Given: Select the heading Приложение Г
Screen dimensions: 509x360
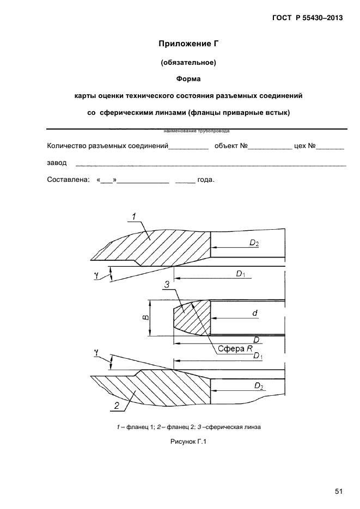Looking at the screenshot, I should click(x=188, y=44).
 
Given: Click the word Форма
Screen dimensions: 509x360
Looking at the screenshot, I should click(x=188, y=79).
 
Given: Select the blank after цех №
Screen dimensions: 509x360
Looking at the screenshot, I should click(x=332, y=147).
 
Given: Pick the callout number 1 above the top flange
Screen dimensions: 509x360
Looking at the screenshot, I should click(x=133, y=217).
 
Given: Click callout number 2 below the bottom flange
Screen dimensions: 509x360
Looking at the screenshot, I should click(x=116, y=405).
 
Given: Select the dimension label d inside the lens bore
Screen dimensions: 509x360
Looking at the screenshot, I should click(x=254, y=313).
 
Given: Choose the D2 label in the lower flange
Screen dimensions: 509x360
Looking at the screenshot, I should click(x=258, y=386).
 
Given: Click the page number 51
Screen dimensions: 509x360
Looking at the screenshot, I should click(x=338, y=492).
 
